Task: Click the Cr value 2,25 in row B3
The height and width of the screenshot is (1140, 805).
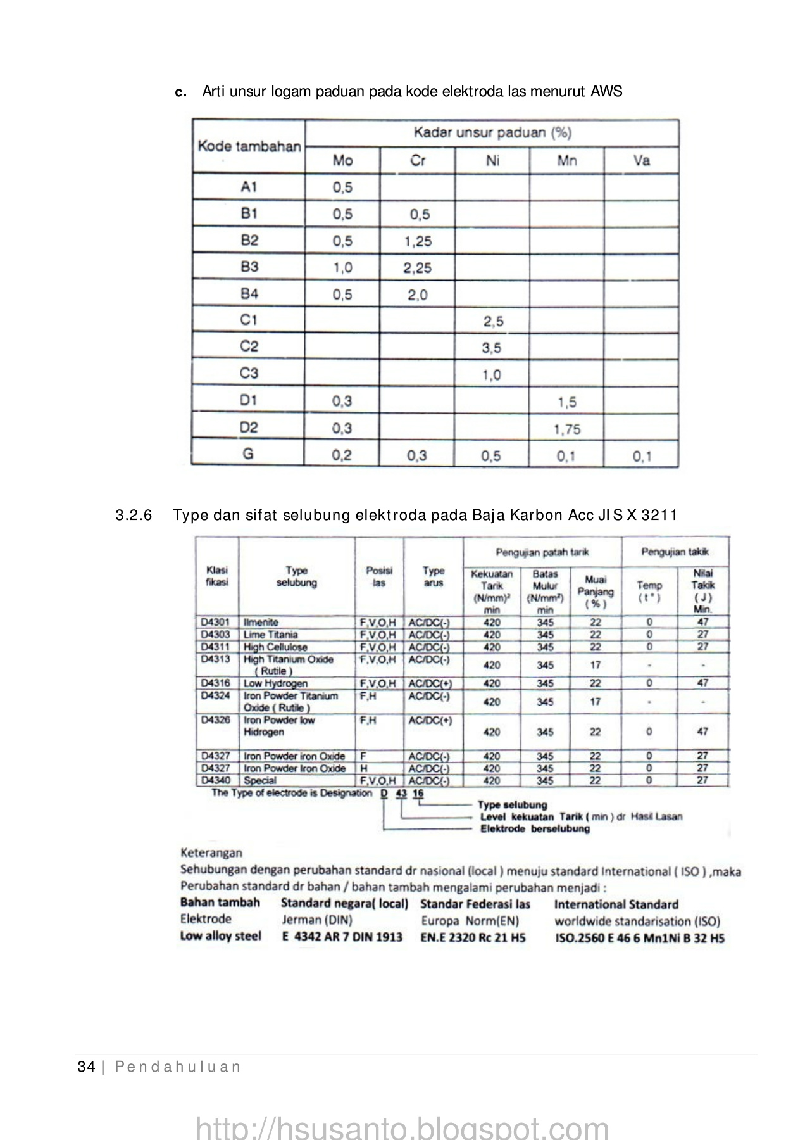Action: (417, 268)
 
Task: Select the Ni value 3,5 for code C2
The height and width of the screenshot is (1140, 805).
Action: (492, 348)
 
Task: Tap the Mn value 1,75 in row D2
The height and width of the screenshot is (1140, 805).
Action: (566, 429)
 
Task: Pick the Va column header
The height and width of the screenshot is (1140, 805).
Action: (641, 160)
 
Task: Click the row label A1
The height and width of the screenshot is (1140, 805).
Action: (249, 187)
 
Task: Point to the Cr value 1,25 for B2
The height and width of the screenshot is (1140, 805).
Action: (417, 241)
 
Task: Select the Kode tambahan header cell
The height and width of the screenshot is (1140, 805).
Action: (249, 146)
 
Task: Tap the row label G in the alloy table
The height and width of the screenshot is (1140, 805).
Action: (249, 454)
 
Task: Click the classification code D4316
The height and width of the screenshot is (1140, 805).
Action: (216, 683)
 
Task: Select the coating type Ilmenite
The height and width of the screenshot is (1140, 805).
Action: (261, 623)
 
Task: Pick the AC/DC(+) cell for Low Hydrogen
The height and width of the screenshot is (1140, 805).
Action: (430, 684)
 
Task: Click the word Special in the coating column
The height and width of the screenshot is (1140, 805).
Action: (260, 780)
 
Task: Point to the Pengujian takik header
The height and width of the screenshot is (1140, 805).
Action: (675, 552)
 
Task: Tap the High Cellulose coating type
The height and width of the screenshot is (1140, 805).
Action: (275, 647)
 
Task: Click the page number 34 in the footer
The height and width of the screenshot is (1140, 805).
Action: (85, 1067)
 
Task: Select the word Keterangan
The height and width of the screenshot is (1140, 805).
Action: (211, 853)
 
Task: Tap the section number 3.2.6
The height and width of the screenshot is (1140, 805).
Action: (134, 515)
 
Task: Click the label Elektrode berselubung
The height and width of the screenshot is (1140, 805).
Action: (535, 829)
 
